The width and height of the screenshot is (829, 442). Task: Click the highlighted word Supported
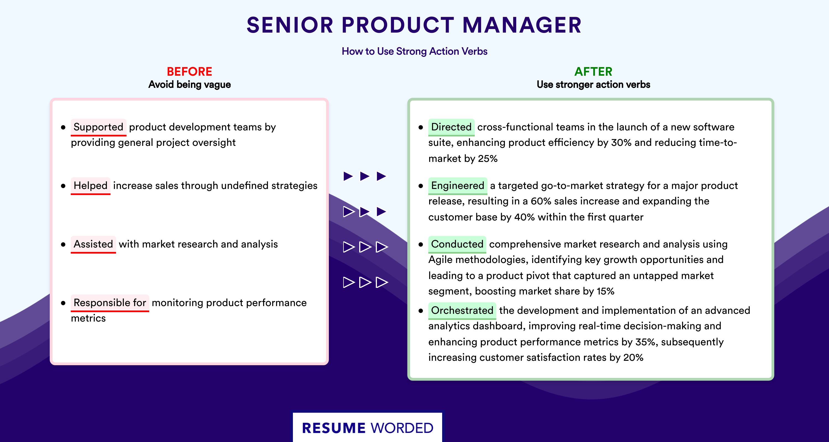coord(98,127)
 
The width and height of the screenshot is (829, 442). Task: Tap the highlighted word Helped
coord(90,186)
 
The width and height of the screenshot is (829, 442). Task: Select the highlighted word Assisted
coord(93,244)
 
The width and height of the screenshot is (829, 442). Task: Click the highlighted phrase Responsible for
coord(110,303)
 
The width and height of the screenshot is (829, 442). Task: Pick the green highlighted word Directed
coord(451,127)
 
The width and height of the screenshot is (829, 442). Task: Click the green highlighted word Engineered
coord(458,186)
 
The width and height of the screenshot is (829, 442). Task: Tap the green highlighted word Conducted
coord(457,244)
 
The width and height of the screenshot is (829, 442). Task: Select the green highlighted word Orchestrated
coord(462,311)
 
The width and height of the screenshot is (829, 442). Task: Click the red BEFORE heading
coord(190,72)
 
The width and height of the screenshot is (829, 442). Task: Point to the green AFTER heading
coord(594,72)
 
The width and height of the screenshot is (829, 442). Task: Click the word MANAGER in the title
coord(522,25)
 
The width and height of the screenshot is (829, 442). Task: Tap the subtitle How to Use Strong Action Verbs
coord(414,51)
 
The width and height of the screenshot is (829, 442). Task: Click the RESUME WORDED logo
coord(368,428)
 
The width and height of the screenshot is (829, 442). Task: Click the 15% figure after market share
coord(605,291)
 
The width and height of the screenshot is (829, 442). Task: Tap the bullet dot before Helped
coord(63,186)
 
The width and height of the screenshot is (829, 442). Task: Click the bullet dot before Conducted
coord(421,244)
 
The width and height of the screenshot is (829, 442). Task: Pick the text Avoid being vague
coord(190,85)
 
